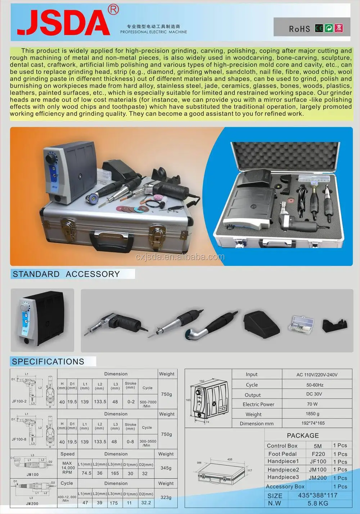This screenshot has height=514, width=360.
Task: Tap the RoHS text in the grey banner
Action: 299,29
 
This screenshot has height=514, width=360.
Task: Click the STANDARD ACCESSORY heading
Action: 66,274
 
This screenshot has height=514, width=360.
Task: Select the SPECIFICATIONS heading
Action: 48,362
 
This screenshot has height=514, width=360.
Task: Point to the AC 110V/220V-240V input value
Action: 317,375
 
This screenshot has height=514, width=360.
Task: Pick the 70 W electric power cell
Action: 312,404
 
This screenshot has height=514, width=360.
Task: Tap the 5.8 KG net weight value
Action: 318,503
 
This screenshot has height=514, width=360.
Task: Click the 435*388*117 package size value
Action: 318,495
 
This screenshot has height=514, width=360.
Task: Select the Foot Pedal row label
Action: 282,454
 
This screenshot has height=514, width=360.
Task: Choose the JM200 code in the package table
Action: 318,478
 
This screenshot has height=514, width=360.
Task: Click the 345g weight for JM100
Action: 166,468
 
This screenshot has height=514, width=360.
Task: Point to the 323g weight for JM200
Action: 166,497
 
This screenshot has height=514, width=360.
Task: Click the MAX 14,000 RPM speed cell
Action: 68,468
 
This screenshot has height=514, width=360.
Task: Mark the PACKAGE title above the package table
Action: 303,435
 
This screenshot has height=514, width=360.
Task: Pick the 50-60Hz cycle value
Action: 315,385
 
